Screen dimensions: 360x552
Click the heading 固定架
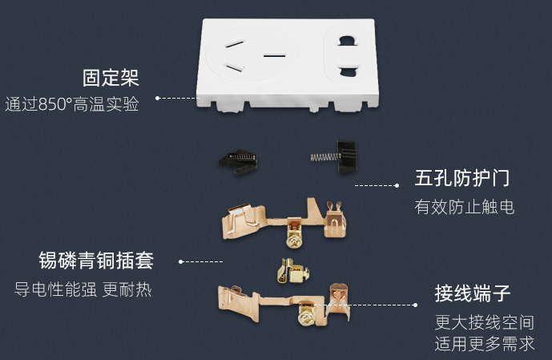[x=111, y=79]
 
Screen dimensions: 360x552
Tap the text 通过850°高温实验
[x=71, y=104]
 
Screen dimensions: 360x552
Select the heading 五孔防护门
[x=462, y=178]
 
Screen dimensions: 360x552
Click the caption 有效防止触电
[x=464, y=207]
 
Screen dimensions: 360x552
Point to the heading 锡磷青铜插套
[x=95, y=261]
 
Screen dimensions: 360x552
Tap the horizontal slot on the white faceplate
[x=275, y=55]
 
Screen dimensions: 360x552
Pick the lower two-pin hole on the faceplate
[x=349, y=72]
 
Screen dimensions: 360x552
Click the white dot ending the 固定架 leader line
[x=158, y=98]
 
